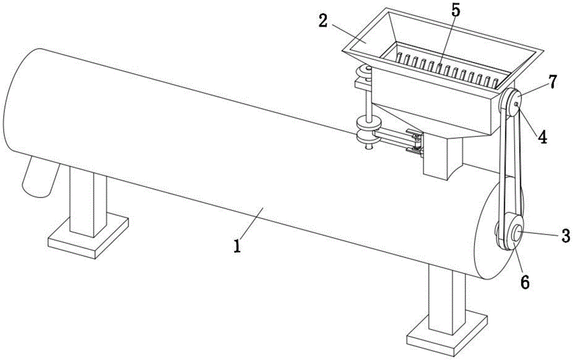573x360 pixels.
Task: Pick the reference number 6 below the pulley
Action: (524, 281)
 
